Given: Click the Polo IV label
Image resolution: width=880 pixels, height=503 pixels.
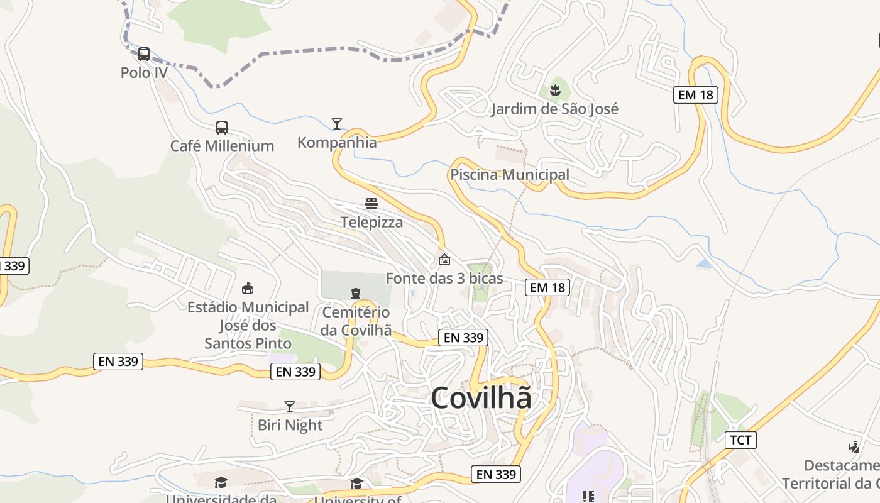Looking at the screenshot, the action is coord(144,73).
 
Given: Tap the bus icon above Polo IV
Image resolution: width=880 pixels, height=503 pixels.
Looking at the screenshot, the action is coord(144,54).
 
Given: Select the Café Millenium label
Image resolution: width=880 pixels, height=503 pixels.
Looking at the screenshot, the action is coord(222,146).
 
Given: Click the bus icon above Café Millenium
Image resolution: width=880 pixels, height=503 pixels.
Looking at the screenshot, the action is coord(222,128).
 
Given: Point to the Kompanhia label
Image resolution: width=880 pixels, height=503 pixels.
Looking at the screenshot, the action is coord(337,143).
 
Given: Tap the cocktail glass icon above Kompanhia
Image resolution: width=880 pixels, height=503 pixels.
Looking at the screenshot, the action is coord(337,123).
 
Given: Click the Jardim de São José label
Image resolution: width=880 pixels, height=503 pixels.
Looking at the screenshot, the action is coord(554,109).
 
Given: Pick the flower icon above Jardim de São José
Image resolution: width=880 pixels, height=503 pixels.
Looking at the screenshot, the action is coord(555,91).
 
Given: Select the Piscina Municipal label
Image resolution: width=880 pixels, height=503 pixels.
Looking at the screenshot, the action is coord(510,175).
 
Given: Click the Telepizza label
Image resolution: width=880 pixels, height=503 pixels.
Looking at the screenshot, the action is coord(371,222).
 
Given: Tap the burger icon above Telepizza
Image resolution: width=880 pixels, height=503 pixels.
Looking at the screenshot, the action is coord(371,204).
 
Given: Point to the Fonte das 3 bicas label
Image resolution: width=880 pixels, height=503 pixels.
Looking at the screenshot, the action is coord(444,278).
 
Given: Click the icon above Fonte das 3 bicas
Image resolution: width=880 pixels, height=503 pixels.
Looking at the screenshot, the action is coord(444,259).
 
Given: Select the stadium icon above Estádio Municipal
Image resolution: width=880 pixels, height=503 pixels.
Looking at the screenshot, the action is coord(248,289).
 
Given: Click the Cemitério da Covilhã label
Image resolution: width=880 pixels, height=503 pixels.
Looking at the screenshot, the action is coord(356,321).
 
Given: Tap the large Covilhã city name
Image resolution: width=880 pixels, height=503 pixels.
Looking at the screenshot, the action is coord(481,398).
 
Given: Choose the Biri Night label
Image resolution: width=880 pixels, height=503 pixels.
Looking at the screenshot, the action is coord(290,425).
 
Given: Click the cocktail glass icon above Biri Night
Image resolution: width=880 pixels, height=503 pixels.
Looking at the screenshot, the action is coord(290,407).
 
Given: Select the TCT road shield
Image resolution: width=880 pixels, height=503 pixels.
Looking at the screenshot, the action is coord(740,439).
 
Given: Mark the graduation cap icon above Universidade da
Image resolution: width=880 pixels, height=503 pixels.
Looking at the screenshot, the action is coord(221,483).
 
